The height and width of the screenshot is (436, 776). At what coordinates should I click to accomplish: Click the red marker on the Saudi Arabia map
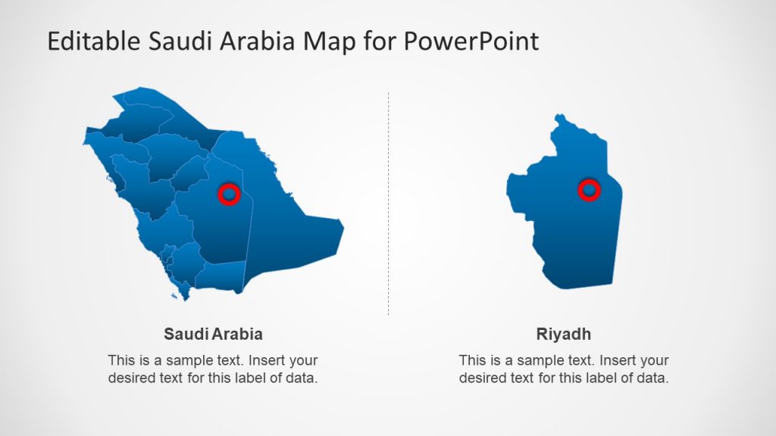[x=229, y=195]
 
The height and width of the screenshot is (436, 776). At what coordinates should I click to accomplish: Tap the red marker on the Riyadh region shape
[x=589, y=190]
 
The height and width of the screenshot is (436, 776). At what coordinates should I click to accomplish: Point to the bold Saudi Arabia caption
[x=213, y=334]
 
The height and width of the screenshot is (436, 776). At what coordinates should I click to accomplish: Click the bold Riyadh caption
[x=563, y=334]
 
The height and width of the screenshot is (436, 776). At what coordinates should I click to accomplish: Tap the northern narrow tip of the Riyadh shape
[x=562, y=117]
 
